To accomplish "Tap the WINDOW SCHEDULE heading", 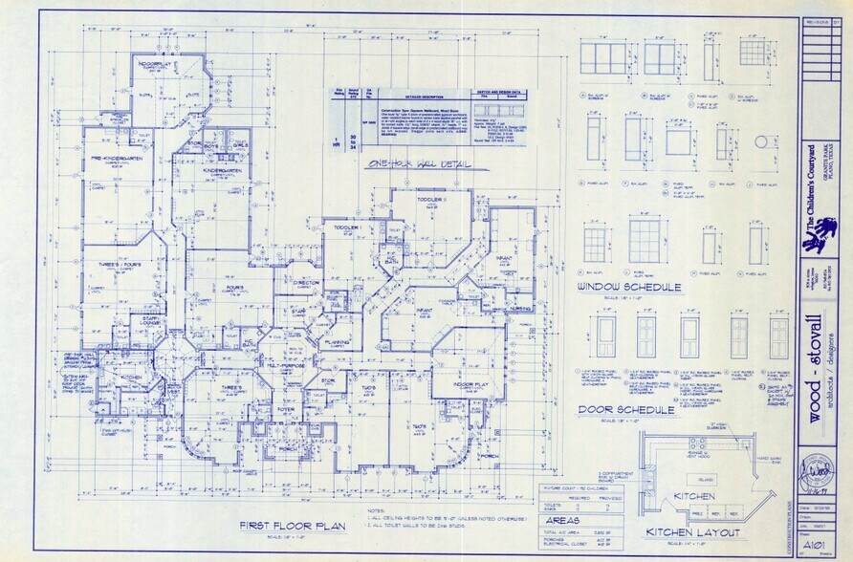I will click(629, 287).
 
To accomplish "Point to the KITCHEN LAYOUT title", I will click(693, 530).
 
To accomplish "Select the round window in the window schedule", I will click(761, 141).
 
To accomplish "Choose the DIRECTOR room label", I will click(305, 283).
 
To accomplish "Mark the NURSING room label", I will click(520, 309).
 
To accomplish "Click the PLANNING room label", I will click(335, 341).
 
